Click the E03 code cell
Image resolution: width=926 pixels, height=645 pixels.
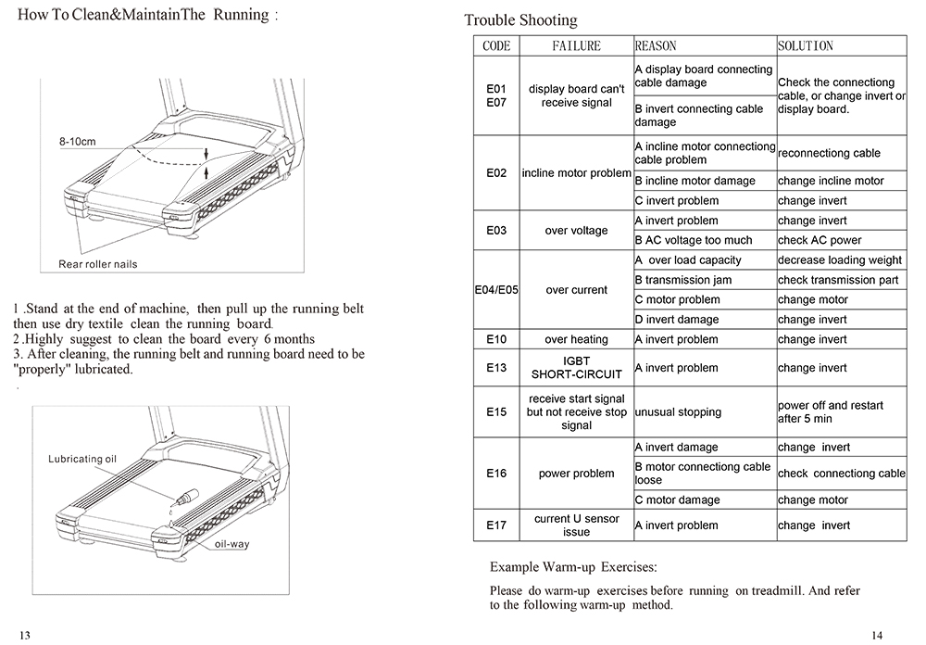pos(495,231)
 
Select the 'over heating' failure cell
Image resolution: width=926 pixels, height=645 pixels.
pos(576,339)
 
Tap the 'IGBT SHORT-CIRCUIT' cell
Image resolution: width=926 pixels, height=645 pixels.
pos(576,368)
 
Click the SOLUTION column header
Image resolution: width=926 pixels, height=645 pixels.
pos(805,45)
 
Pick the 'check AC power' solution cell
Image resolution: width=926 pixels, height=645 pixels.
pos(820,240)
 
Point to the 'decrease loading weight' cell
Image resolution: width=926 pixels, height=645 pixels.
pos(839,260)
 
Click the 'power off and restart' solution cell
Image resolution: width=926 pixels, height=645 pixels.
pos(830,412)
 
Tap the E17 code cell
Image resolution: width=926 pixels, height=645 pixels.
pos(495,525)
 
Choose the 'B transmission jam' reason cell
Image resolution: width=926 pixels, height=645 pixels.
pos(683,280)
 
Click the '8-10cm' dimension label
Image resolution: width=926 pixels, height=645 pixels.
pos(77,142)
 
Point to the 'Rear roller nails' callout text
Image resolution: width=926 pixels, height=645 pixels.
pos(97,264)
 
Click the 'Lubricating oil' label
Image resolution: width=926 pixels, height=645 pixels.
pos(83,459)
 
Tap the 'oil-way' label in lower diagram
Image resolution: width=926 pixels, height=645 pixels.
pos(231,544)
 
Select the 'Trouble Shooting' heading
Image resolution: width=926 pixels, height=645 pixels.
pos(520,19)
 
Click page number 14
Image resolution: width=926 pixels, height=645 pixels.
pos(877,635)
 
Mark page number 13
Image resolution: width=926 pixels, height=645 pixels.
pos(25,635)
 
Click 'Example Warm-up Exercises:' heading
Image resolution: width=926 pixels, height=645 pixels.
pos(573,565)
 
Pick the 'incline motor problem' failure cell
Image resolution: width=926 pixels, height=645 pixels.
pos(576,173)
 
